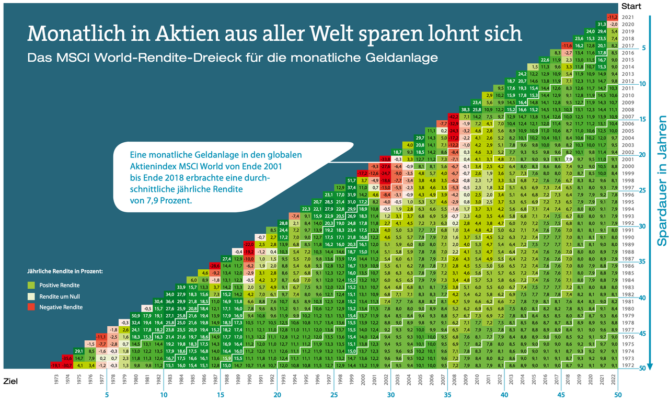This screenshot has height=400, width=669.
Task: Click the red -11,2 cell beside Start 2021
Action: click(x=614, y=17)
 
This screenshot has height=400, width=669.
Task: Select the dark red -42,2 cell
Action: click(x=454, y=116)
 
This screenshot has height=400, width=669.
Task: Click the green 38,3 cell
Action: click(x=465, y=109)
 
